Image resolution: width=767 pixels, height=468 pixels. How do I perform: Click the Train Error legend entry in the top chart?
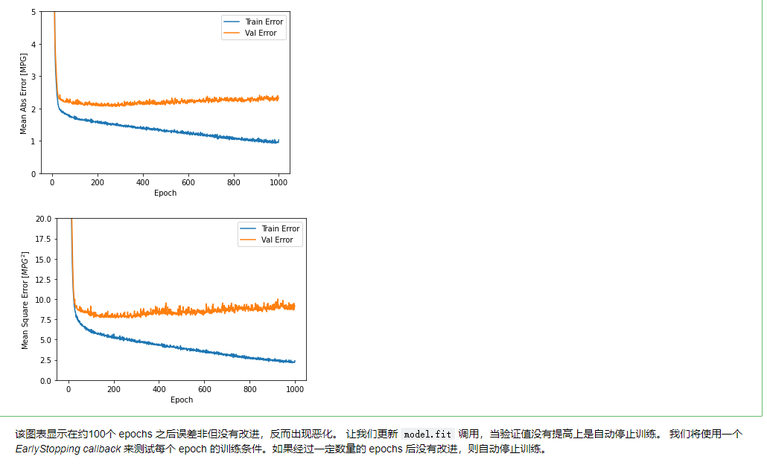[x=264, y=22]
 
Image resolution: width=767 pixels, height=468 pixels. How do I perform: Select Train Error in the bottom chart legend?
[x=281, y=228]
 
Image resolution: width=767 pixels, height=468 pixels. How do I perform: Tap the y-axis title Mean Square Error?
[x=25, y=300]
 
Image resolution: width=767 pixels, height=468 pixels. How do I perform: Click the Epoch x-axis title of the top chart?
[x=165, y=193]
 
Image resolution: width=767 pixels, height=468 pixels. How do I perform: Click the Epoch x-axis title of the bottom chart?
[x=182, y=400]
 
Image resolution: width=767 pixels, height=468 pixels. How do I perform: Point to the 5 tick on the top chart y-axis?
[x=34, y=12]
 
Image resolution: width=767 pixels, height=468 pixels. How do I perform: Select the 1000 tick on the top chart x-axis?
[x=279, y=182]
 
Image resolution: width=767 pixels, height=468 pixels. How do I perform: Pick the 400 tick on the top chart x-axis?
[x=143, y=182]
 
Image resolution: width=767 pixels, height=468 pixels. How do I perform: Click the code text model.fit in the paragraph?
[x=427, y=434]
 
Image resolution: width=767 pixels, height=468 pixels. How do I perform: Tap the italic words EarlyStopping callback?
[x=68, y=449]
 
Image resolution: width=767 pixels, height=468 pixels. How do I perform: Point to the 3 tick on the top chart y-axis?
[x=34, y=77]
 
